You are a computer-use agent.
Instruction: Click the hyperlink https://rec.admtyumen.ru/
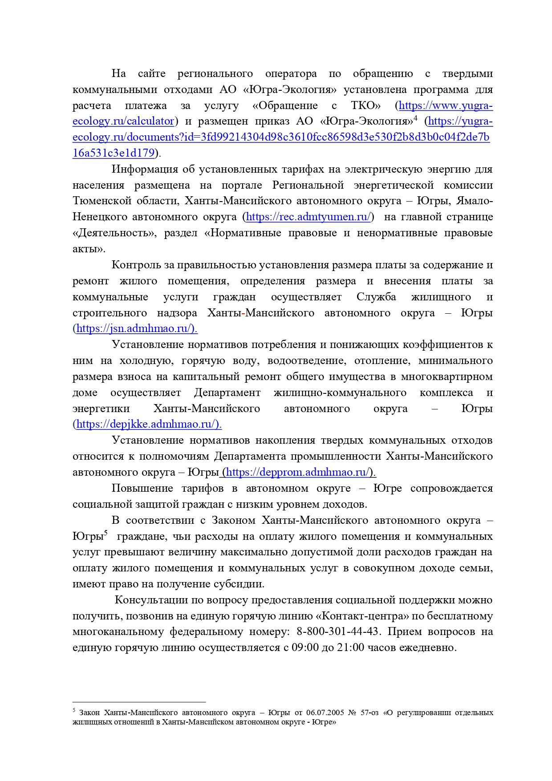[x=308, y=217]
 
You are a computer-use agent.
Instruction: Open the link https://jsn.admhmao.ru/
[x=136, y=329]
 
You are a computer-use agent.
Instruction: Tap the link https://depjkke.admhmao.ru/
[x=148, y=425]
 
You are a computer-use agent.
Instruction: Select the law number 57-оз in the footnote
[x=370, y=712]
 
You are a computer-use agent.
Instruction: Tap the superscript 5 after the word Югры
[x=106, y=533]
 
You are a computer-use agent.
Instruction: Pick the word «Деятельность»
[x=114, y=233]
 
